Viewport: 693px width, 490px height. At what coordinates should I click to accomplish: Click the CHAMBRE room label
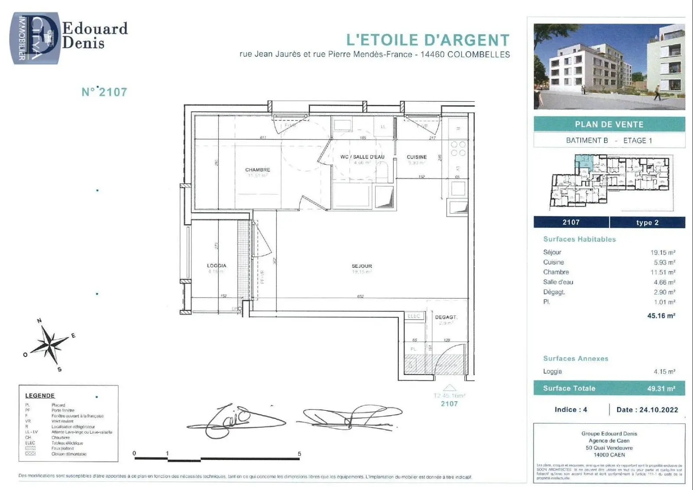[257, 170]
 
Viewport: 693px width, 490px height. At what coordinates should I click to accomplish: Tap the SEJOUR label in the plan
[362, 266]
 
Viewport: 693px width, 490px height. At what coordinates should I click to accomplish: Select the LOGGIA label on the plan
[217, 266]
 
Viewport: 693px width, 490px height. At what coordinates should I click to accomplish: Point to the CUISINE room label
[417, 157]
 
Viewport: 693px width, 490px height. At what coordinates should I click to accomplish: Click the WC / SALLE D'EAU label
[362, 157]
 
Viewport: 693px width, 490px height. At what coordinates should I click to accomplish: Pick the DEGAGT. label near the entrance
[446, 317]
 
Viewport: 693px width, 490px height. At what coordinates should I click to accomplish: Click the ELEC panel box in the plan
[414, 316]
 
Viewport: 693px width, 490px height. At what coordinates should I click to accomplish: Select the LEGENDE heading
[40, 396]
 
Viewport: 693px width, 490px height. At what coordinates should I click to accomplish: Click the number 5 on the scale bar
[299, 454]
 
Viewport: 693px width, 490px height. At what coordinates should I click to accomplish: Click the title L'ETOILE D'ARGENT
[427, 40]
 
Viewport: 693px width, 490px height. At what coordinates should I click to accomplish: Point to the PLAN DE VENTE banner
[609, 124]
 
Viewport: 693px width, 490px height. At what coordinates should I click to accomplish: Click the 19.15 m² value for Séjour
[662, 252]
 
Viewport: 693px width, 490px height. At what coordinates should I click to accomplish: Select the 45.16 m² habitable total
[661, 315]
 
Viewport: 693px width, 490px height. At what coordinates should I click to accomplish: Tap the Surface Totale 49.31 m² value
[661, 389]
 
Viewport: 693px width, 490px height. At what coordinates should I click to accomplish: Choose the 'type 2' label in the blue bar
[647, 222]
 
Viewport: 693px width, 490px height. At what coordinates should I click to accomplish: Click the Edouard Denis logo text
[94, 36]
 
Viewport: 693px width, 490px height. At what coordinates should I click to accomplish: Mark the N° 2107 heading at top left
[104, 92]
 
